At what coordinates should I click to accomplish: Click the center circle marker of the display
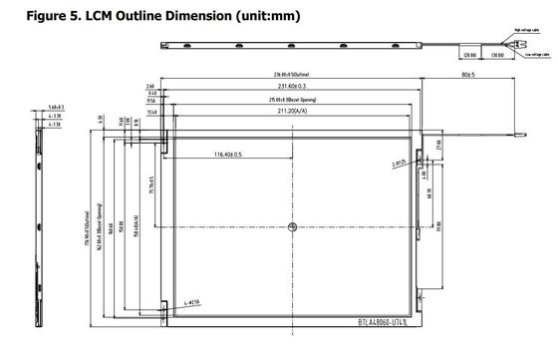[x=292, y=227]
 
